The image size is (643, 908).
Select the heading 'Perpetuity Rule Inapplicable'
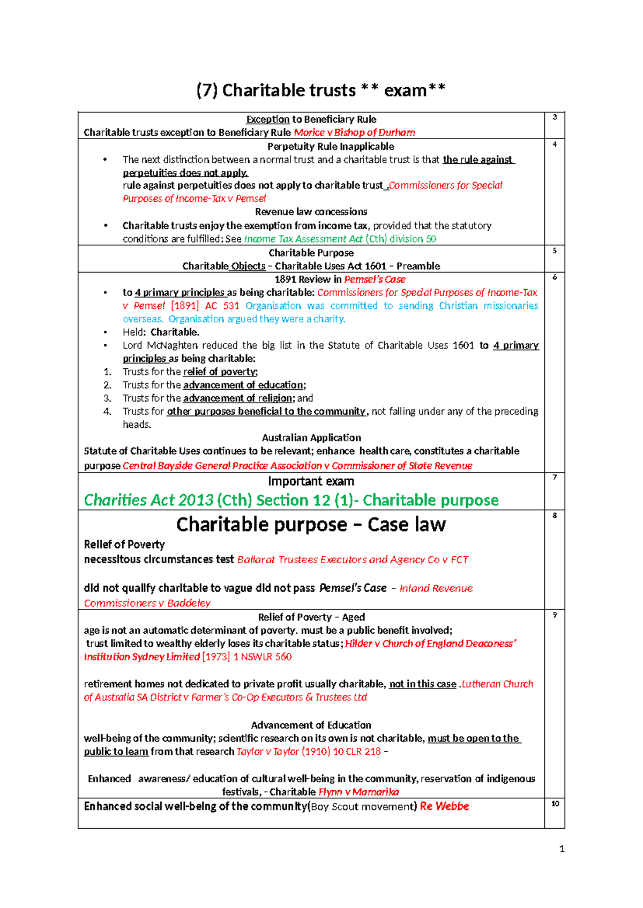click(x=331, y=146)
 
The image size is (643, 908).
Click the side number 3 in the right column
click(x=555, y=117)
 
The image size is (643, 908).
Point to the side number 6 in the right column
click(x=555, y=277)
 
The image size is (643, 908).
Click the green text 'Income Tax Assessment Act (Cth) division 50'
click(x=340, y=239)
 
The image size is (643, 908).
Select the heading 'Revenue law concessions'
click(x=311, y=211)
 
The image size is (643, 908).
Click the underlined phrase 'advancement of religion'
click(x=238, y=398)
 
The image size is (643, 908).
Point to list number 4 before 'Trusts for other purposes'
click(x=107, y=411)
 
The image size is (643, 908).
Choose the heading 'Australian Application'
click(x=311, y=437)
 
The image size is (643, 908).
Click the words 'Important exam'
click(x=311, y=481)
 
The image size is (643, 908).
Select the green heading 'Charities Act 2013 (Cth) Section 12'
click(x=291, y=500)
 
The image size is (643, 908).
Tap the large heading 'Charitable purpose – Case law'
click(x=311, y=524)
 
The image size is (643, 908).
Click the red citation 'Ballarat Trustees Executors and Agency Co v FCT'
click(x=353, y=559)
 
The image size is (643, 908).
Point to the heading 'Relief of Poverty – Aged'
click(x=311, y=617)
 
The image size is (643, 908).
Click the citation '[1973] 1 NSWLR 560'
click(x=247, y=656)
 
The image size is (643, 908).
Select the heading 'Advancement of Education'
click(x=311, y=725)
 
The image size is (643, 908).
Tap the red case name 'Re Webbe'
click(x=444, y=806)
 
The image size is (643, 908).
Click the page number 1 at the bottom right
click(x=562, y=849)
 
